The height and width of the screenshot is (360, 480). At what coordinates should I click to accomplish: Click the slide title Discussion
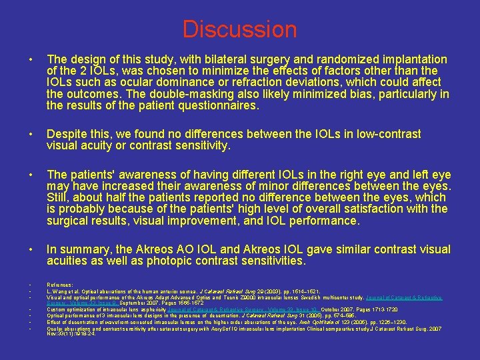239,29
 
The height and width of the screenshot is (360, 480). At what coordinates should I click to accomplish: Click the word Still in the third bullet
58,198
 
